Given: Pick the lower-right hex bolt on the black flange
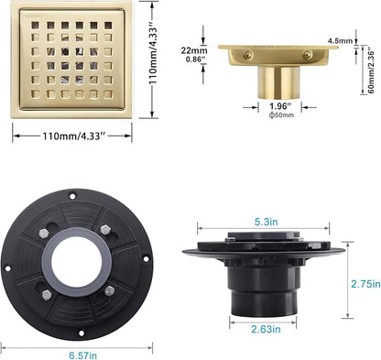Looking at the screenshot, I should tap(110, 291).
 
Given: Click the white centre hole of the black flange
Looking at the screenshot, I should tap(77, 262).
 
